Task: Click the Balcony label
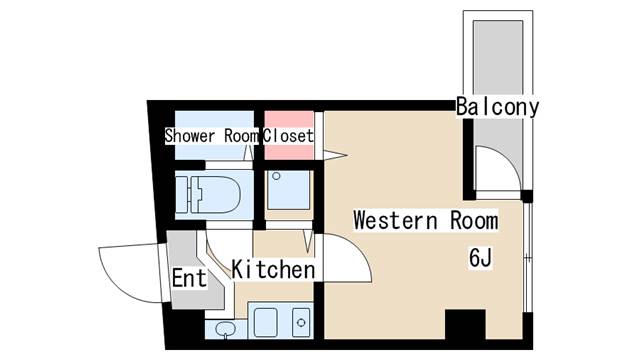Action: click(x=498, y=107)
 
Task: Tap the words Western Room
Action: click(x=426, y=220)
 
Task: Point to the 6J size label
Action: click(x=480, y=258)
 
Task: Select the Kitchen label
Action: click(x=273, y=269)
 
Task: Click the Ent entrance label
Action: click(x=189, y=278)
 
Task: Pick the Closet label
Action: click(x=288, y=136)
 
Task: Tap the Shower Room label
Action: click(x=211, y=136)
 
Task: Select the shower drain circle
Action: click(x=276, y=176)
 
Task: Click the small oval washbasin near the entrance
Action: click(x=225, y=329)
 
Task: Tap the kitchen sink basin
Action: click(x=266, y=322)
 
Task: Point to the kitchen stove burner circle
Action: click(x=301, y=322)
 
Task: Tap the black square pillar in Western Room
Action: click(x=465, y=324)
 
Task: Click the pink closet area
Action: click(x=289, y=136)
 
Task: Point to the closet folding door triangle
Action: click(x=335, y=156)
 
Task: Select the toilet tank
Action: click(x=182, y=195)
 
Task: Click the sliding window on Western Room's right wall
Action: click(x=528, y=258)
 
